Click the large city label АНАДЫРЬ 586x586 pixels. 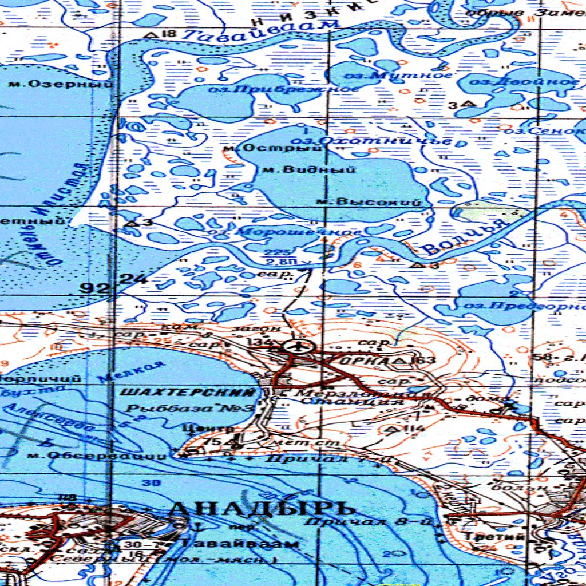click(263, 508)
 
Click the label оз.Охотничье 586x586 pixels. click(371, 140)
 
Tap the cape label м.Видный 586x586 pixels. click(307, 169)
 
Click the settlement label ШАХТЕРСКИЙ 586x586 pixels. click(188, 392)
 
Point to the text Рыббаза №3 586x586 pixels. click(189, 409)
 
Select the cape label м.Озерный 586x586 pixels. click(61, 84)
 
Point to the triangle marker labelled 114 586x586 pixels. click(393, 428)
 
